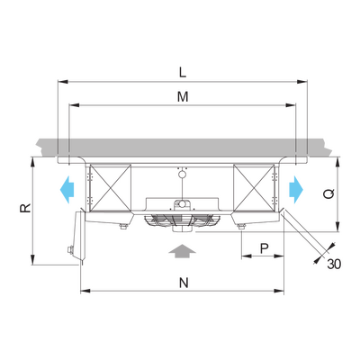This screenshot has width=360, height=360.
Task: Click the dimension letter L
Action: pyautogui.click(x=183, y=72)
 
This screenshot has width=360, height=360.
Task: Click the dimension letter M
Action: pyautogui.click(x=183, y=97)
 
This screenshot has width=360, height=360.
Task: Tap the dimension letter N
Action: pyautogui.click(x=184, y=283)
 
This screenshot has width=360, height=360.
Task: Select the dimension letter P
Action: pyautogui.click(x=264, y=248)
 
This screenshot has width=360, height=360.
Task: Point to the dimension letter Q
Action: pyautogui.click(x=329, y=194)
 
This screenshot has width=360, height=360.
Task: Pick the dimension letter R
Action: pyautogui.click(x=25, y=208)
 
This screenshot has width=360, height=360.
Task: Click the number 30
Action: pyautogui.click(x=334, y=264)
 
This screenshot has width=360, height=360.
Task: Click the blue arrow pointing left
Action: pyautogui.click(x=67, y=190)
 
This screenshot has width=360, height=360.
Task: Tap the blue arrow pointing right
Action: pyautogui.click(x=296, y=190)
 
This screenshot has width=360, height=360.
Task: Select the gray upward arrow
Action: pyautogui.click(x=182, y=251)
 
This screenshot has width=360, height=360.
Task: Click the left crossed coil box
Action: pyautogui.click(x=111, y=188)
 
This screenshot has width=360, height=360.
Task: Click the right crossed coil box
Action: pyautogui.click(x=254, y=188)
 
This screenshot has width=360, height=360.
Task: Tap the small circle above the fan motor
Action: pyautogui.click(x=182, y=174)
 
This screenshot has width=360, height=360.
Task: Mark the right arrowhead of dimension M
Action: pyautogui.click(x=291, y=105)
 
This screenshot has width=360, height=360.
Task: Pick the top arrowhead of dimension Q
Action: pyautogui.click(x=338, y=162)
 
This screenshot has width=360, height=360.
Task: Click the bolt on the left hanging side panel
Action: pyautogui.click(x=71, y=249)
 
